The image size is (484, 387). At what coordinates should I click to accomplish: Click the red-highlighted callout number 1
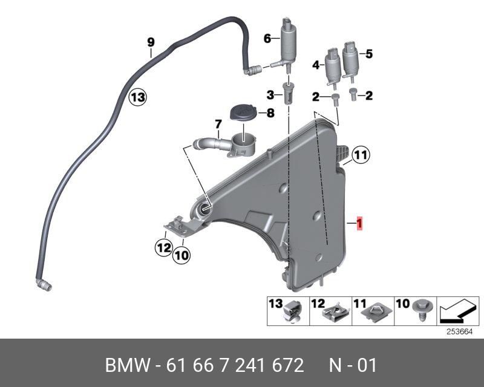(360, 224)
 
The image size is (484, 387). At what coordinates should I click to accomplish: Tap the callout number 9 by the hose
(151, 42)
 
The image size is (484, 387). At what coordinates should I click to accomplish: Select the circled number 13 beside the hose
(137, 96)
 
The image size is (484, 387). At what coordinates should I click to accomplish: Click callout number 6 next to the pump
(267, 37)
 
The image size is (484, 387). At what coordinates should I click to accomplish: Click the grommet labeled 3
(289, 95)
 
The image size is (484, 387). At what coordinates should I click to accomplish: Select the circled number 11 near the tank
(361, 155)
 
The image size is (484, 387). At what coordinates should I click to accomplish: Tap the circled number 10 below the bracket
(181, 255)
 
